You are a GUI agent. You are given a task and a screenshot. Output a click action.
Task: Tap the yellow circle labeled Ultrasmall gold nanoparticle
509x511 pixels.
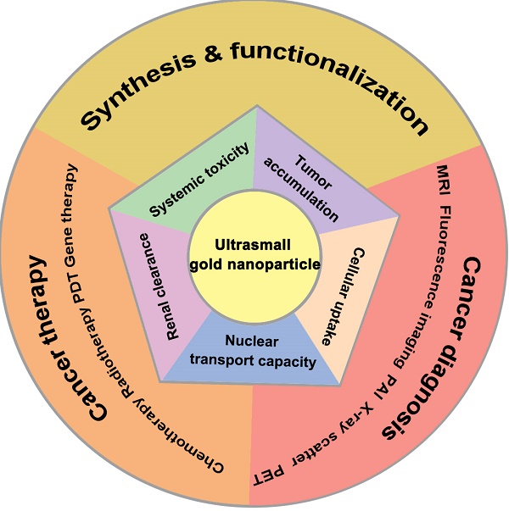pos(254,255)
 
